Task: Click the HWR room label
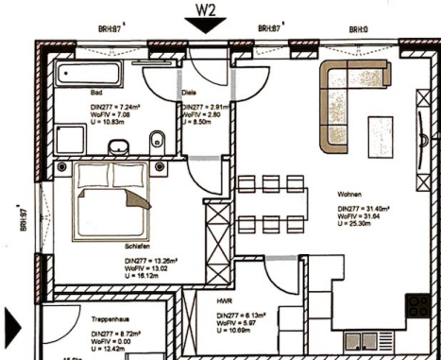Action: point(225,300)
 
